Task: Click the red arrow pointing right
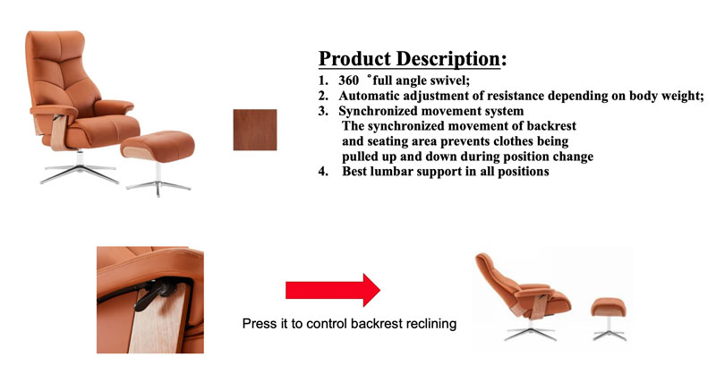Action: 333,290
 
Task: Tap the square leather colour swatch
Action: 255,130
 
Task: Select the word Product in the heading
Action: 354,59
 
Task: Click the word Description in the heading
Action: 448,59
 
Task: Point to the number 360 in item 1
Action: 348,81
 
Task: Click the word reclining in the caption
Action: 431,324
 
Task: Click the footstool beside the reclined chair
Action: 609,318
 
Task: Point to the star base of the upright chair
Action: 80,170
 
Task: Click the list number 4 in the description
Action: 323,172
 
